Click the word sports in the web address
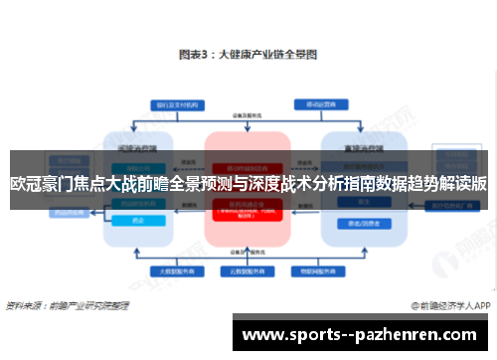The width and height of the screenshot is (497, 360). (302, 335)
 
